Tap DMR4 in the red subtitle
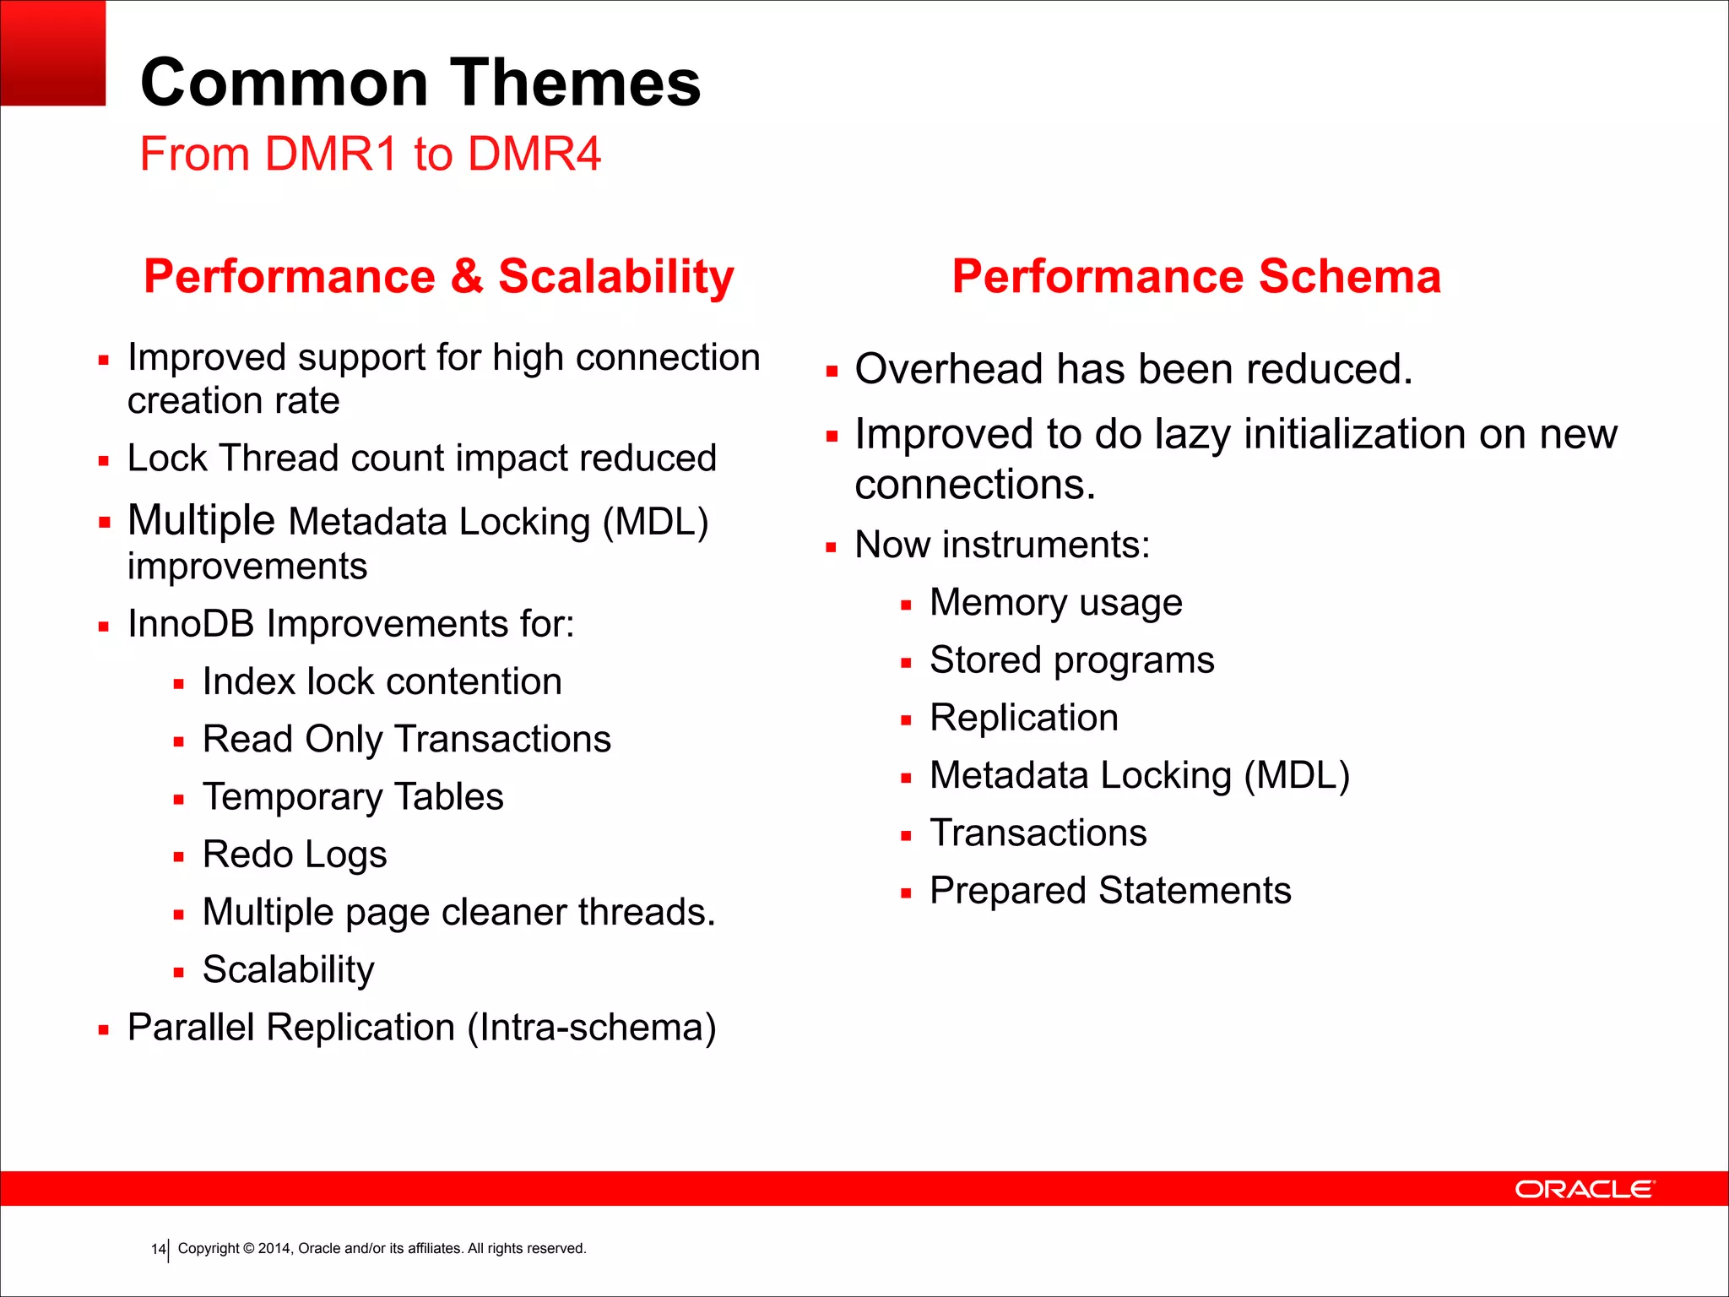coord(534,155)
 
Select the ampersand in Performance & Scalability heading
coord(466,277)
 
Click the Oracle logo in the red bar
coord(1585,1189)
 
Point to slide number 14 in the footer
coord(158,1249)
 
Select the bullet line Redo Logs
coord(295,855)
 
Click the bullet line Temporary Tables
coord(353,797)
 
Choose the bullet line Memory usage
coord(1055,603)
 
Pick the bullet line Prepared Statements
coord(1110,891)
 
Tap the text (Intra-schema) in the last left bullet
coord(592,1028)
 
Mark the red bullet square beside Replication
coord(906,721)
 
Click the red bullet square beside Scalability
coord(178,973)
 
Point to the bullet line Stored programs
coord(1071,660)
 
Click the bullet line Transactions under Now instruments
coord(1038,833)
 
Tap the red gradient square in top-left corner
coord(52,52)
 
